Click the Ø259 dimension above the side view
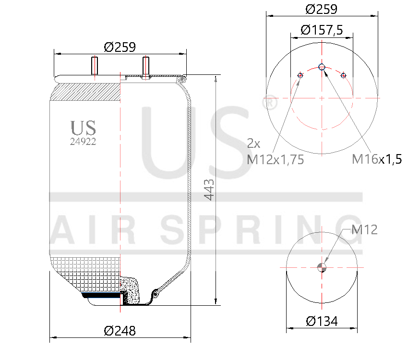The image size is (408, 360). pyautogui.click(x=120, y=47)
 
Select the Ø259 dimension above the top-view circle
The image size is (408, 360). pyautogui.click(x=321, y=9)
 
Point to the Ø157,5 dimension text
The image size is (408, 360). pyautogui.click(x=321, y=30)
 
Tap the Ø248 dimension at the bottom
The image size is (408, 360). pyautogui.click(x=120, y=330)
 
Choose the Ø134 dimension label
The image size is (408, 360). pyautogui.click(x=322, y=321)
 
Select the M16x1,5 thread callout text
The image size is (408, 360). pyautogui.click(x=376, y=159)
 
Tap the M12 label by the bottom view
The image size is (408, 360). pyautogui.click(x=364, y=230)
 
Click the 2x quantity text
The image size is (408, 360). pyautogui.click(x=253, y=143)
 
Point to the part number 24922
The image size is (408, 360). pyautogui.click(x=83, y=141)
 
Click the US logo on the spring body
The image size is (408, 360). pyautogui.click(x=83, y=128)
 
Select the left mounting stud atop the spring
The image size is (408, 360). pyautogui.click(x=94, y=66)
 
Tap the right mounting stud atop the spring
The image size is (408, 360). pyautogui.click(x=145, y=67)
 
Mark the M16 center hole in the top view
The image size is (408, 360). pyautogui.click(x=322, y=67)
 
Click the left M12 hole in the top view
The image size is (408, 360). pyautogui.click(x=300, y=75)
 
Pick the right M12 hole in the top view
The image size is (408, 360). pyautogui.click(x=343, y=75)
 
